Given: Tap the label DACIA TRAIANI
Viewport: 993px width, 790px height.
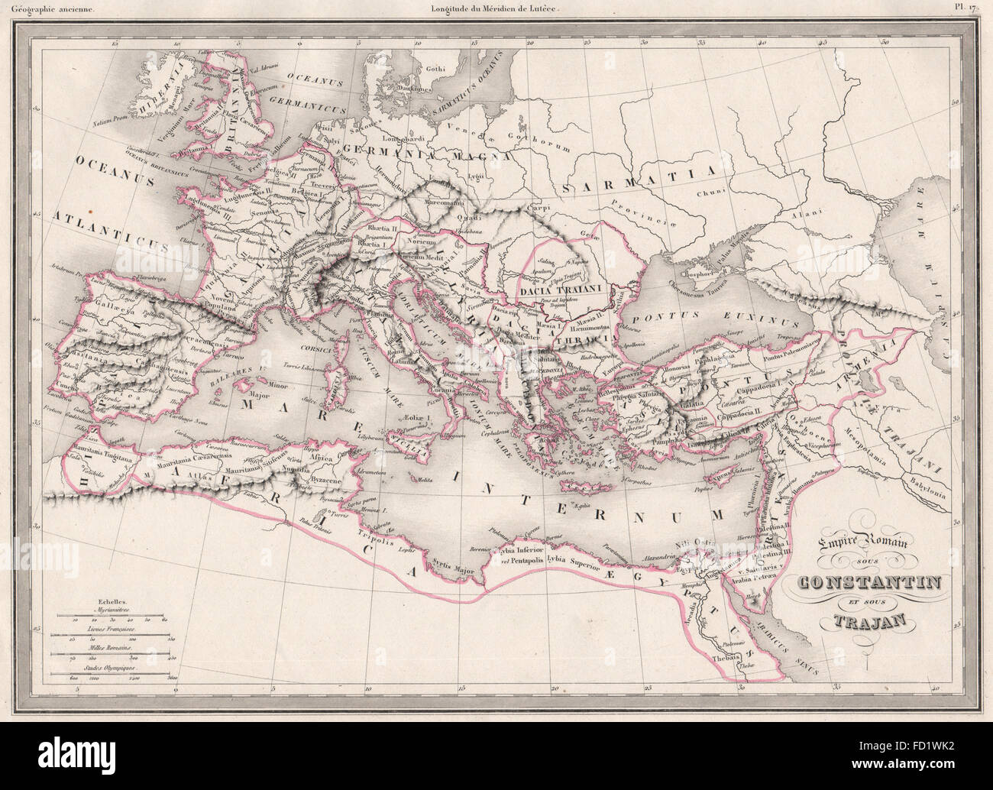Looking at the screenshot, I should coord(563,290).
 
